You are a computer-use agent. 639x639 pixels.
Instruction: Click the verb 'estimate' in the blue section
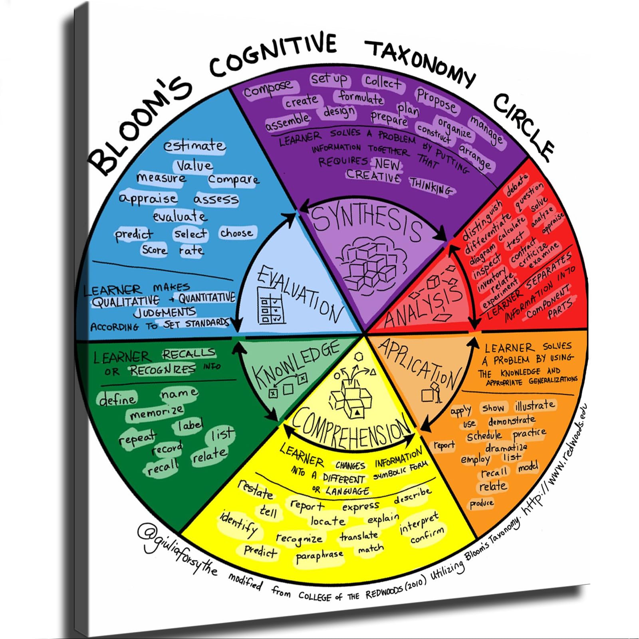coord(194,146)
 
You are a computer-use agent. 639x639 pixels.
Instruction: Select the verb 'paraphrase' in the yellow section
coord(319,556)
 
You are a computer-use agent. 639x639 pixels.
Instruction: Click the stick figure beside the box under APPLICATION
coord(438,393)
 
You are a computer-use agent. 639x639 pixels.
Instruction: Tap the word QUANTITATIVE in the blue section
coord(206,298)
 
